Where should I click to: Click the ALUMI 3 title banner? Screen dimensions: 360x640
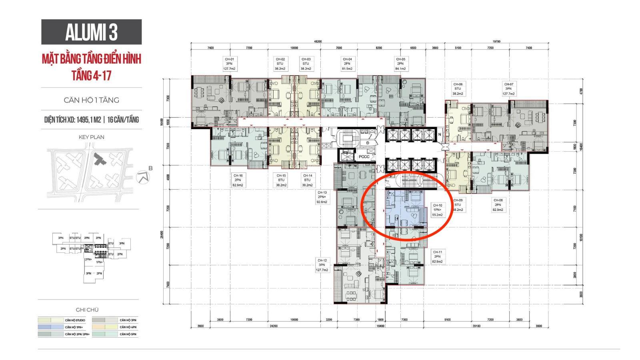[91, 32]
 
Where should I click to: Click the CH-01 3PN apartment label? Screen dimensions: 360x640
[229, 64]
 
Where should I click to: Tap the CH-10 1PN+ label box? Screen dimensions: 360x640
[437, 210]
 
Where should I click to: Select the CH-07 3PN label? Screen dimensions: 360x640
[509, 89]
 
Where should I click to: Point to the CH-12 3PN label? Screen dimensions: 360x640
[322, 265]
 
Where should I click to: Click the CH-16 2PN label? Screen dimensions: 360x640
[238, 180]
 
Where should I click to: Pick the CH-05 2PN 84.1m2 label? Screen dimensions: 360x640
[400, 64]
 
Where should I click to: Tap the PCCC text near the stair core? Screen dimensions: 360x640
[364, 157]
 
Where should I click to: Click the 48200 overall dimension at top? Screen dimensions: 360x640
[318, 42]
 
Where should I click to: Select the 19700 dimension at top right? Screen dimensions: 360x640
[496, 42]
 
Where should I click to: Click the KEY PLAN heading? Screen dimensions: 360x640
[91, 137]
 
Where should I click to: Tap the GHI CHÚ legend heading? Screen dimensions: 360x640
[87, 310]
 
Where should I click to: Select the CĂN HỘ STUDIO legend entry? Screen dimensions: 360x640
[75, 320]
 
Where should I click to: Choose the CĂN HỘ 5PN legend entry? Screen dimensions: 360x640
[128, 334]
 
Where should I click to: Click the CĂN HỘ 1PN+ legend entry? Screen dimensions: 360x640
[75, 327]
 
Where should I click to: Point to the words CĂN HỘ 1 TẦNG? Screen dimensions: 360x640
[91, 100]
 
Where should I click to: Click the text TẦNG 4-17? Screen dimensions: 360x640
[91, 75]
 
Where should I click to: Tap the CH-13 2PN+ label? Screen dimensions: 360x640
[322, 197]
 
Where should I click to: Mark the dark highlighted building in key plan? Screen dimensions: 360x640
[98, 160]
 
